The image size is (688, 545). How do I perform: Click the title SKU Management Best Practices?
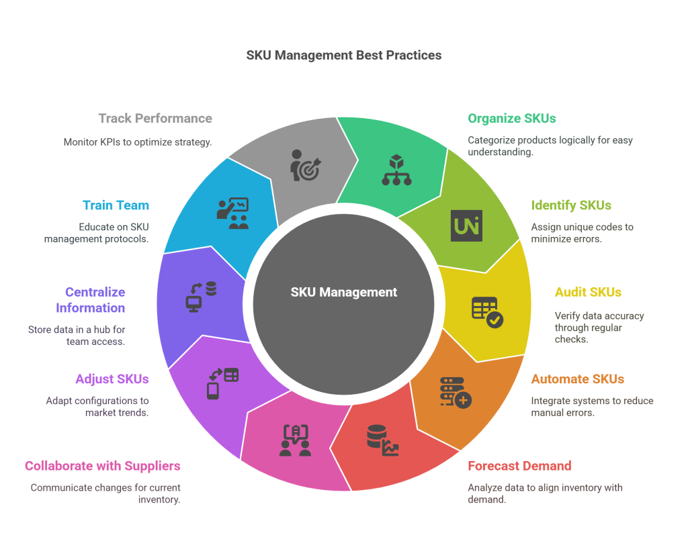[344, 55]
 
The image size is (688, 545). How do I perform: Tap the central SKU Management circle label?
[344, 292]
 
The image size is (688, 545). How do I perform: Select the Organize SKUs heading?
[511, 119]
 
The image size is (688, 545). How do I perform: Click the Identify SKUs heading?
[571, 205]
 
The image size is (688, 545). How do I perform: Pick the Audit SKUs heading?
[588, 292]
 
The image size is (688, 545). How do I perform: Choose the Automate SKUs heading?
[578, 379]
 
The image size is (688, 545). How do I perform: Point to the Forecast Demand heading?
[519, 466]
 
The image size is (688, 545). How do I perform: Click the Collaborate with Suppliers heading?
[103, 466]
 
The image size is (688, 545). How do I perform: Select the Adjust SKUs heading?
[112, 379]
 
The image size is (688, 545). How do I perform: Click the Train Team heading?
[116, 205]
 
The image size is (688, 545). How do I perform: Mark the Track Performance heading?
[155, 119]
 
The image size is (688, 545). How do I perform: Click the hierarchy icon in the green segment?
[396, 169]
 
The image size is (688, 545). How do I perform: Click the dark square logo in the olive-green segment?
[466, 226]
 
